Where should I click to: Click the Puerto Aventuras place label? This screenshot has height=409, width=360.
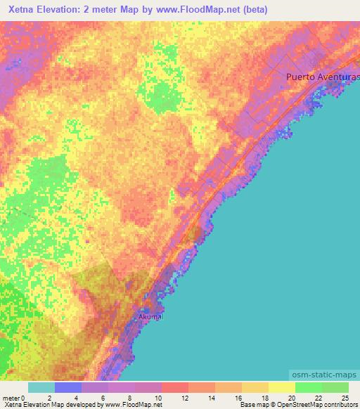click(x=323, y=77)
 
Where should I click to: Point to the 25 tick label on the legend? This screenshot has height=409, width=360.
click(x=345, y=398)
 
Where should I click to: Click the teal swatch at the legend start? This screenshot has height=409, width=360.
click(x=41, y=387)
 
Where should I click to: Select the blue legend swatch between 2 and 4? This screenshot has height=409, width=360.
click(x=68, y=387)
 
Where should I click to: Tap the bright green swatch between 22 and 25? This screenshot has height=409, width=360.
click(x=335, y=387)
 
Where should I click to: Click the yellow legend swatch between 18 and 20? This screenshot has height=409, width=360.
click(x=282, y=387)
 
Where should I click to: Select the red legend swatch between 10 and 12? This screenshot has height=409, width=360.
click(x=175, y=387)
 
